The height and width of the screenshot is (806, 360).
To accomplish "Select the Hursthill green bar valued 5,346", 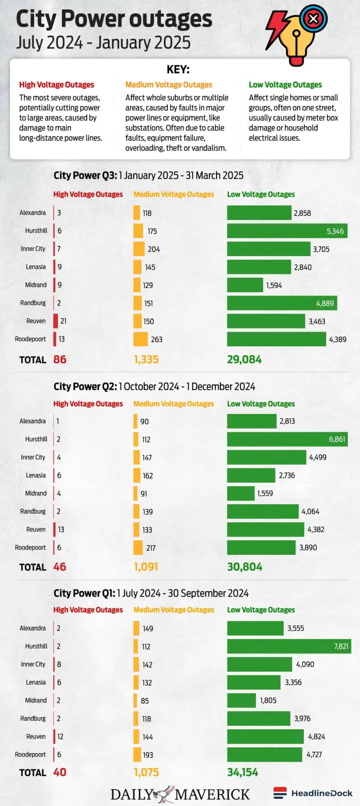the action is coord(287,231).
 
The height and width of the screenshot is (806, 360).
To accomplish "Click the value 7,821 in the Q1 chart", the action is coord(341,646).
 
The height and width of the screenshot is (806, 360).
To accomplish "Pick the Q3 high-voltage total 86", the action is coord(60,359).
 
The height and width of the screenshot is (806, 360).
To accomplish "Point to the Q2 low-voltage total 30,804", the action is coord(244,567).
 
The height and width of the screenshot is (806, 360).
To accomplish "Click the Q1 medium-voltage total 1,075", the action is coord(146,772).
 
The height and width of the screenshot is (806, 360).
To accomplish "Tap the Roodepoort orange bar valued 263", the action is coord(141,339).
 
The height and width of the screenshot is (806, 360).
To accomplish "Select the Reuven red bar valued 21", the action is coord(55,321).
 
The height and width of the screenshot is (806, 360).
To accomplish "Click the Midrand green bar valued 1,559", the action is coord(241,493).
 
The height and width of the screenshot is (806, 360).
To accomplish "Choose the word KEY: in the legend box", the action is coord(178,69).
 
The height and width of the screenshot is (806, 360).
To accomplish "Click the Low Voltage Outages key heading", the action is coord(285,85).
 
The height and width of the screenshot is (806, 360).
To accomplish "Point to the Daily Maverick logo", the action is coord(180,794).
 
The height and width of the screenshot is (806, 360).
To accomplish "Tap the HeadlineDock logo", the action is coord(313,793).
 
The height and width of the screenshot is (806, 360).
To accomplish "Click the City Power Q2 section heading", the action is coord(154,386).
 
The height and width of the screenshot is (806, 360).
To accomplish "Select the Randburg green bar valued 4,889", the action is coord(282,303).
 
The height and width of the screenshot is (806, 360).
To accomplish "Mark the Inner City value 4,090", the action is coord(305,664).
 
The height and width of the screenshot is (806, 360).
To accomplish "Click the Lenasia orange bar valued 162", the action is coord(137,475).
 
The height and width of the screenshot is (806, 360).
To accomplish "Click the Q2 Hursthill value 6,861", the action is coord(337,439).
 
